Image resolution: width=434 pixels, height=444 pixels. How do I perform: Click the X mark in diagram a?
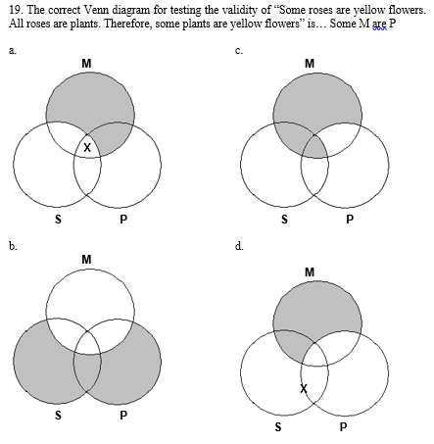88,148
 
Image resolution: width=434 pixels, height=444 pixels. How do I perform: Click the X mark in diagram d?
304,389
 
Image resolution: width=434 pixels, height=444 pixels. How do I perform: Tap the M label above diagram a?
87,64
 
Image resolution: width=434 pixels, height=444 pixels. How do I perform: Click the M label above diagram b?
87,259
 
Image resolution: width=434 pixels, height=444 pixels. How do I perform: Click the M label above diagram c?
310,64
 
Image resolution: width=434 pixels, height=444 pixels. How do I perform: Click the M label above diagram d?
310,271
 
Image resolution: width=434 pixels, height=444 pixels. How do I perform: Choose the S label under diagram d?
278,427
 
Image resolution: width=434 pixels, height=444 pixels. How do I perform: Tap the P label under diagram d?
343,427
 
